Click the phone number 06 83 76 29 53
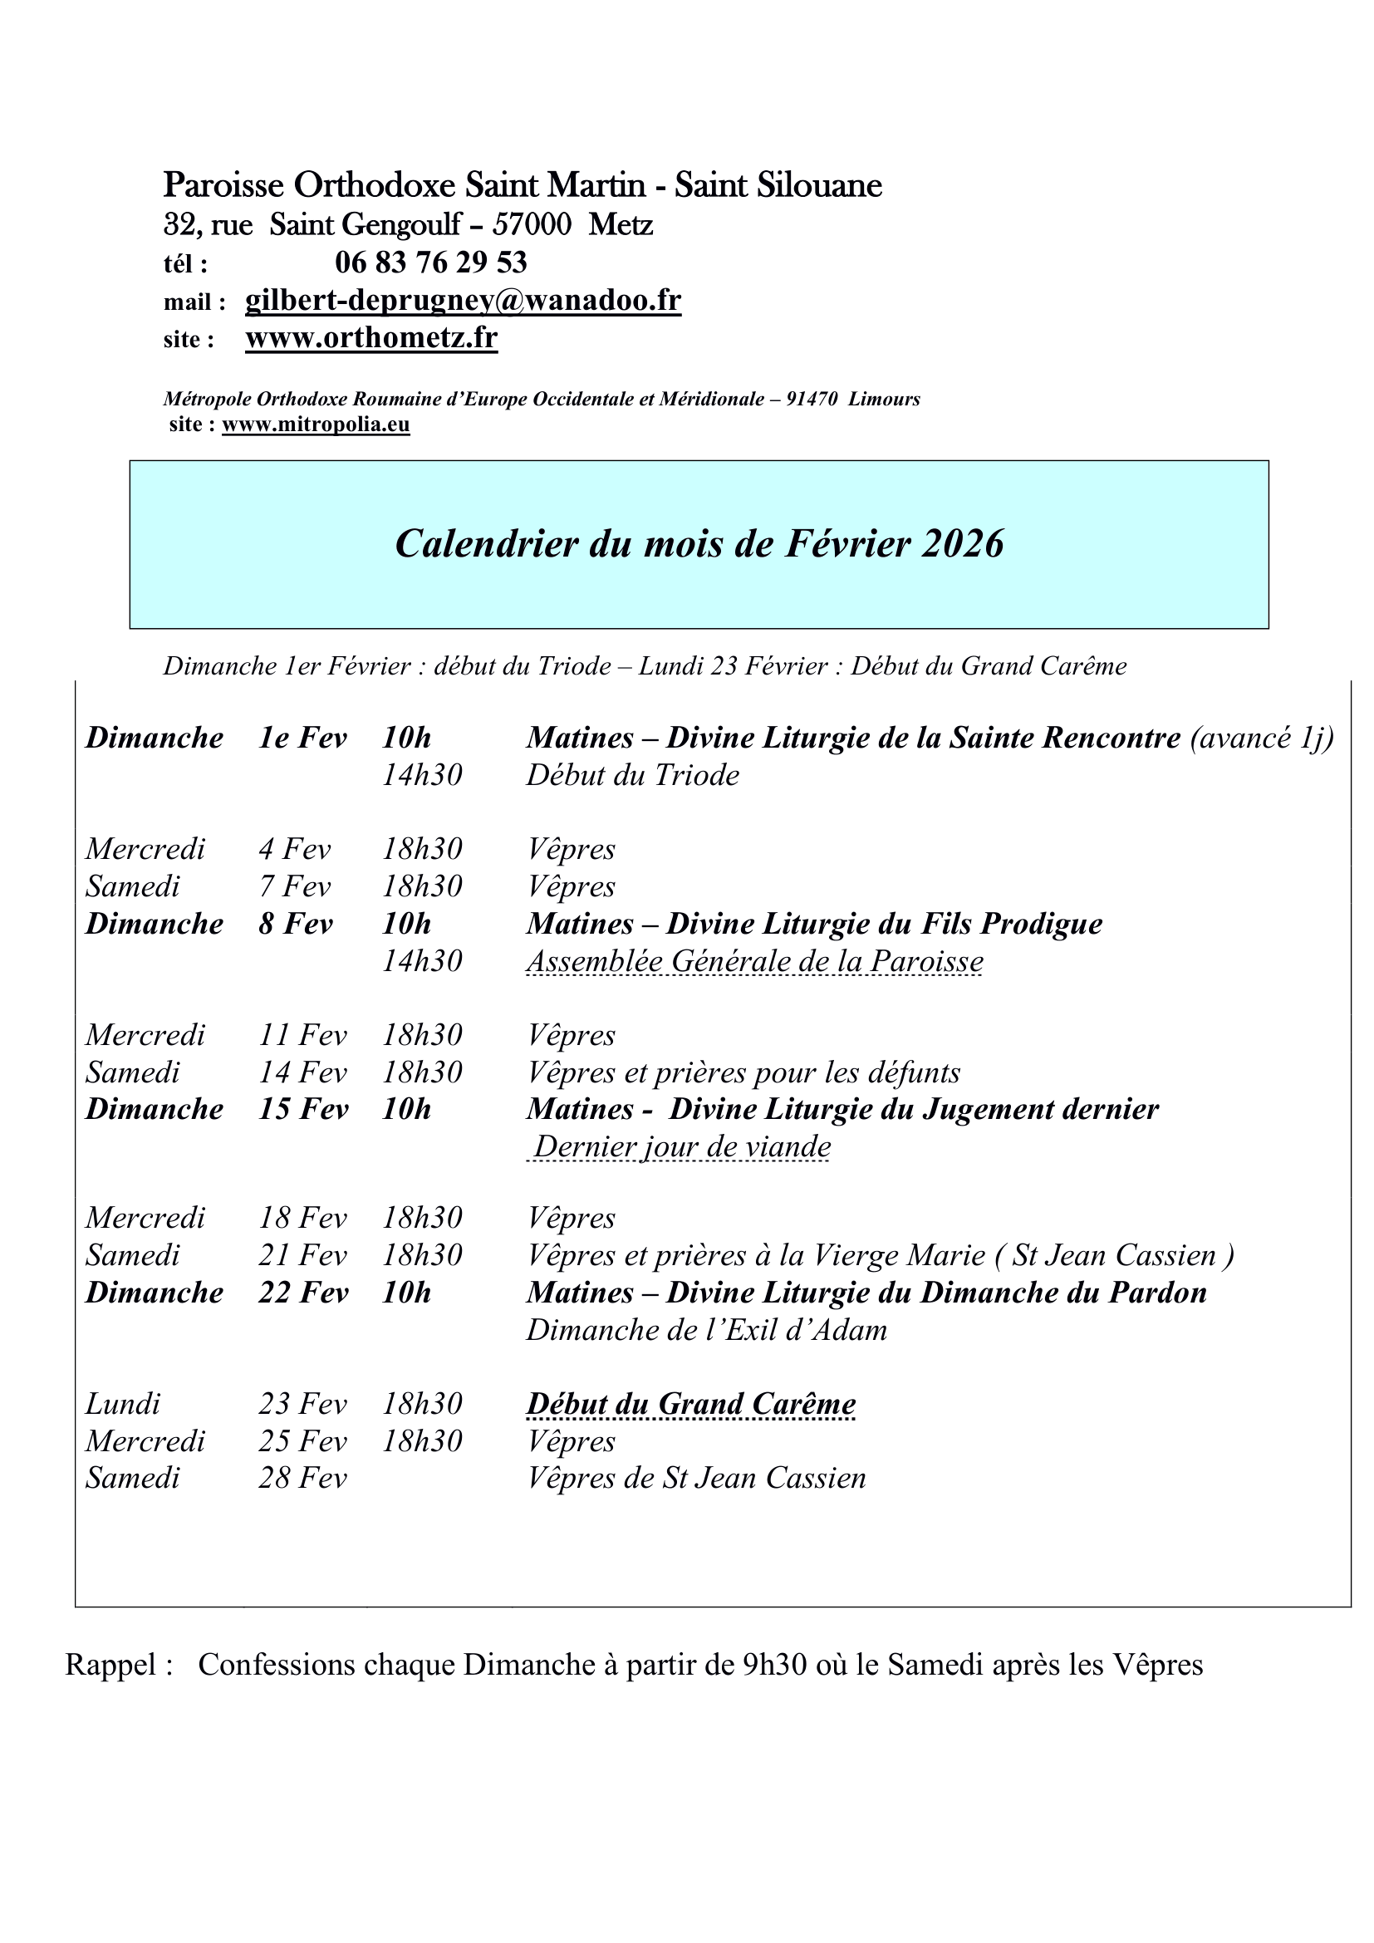coord(430,263)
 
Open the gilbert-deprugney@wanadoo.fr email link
coord(463,301)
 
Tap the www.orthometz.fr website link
coord(371,337)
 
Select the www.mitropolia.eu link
coord(316,424)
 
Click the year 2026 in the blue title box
coord(963,543)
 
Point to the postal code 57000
coord(532,224)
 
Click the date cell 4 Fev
coord(294,849)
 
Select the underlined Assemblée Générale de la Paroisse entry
coord(754,961)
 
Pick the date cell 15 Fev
coord(303,1110)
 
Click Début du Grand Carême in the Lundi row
coord(691,1404)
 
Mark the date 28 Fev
coord(303,1478)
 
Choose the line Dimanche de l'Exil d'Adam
coord(706,1330)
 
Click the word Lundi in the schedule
coord(123,1404)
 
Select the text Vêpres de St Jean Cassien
coord(696,1478)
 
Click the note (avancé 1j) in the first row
coord(1262,738)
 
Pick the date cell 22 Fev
coord(303,1293)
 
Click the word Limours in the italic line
coord(884,399)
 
